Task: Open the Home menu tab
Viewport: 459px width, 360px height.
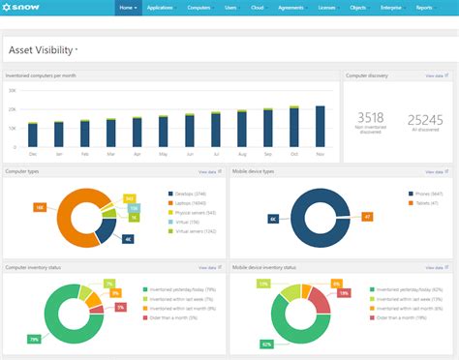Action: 127,8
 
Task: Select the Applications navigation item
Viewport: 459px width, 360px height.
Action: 160,8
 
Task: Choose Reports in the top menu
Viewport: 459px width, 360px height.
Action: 425,8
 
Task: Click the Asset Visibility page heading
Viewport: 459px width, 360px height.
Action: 43,49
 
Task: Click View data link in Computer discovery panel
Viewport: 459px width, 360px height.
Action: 435,75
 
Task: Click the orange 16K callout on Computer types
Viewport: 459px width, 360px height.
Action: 40,206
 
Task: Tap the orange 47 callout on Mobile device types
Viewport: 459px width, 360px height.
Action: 367,217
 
